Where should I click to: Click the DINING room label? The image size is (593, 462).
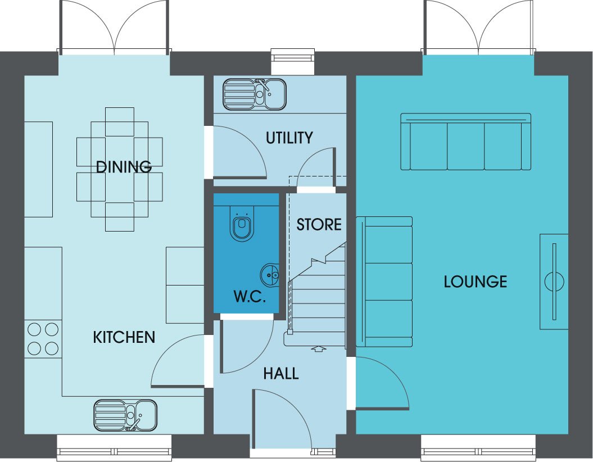pos(124,167)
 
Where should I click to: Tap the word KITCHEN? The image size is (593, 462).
pos(124,337)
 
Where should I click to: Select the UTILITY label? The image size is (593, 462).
pos(289,138)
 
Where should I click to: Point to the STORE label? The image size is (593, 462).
pos(319,225)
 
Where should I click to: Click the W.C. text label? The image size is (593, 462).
pos(250,296)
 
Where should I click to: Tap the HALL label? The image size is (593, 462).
pos(281,374)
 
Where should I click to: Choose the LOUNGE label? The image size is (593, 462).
pos(476,282)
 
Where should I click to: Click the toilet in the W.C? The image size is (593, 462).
pos(242,224)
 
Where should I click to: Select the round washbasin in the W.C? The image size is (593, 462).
pos(270,275)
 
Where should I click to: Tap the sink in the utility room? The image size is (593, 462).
pos(255,94)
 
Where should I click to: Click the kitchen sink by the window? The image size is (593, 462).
pos(125,415)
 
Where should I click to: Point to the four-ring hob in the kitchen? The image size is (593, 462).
pos(43,339)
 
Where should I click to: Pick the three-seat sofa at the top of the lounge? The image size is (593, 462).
pos(465,142)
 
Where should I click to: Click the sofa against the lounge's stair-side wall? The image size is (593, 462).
pos(384,282)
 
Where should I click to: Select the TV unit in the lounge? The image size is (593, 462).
pos(554,282)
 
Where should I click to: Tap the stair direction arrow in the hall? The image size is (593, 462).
pos(319,348)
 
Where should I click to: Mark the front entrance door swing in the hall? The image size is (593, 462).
pos(282,419)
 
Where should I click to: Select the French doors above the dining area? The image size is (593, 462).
pos(114,28)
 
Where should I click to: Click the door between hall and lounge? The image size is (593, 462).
pos(382,383)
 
